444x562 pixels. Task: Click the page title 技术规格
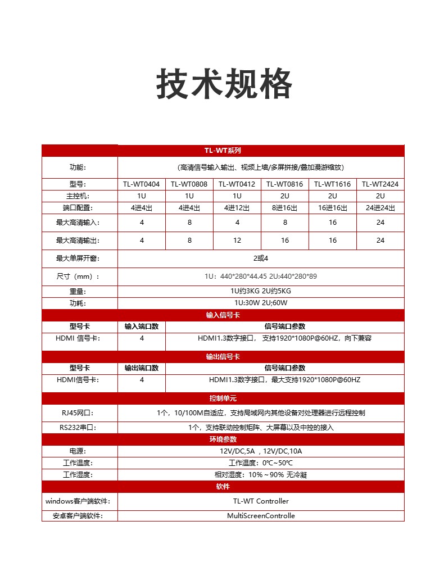pyautogui.click(x=224, y=84)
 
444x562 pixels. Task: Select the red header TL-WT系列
pyautogui.click(x=223, y=151)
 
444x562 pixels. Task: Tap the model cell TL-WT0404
pyautogui.click(x=142, y=184)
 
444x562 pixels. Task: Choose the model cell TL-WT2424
pyautogui.click(x=380, y=184)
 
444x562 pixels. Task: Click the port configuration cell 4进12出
pyautogui.click(x=237, y=208)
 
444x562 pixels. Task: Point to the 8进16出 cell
pyautogui.click(x=285, y=208)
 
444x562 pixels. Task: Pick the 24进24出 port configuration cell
pyautogui.click(x=380, y=208)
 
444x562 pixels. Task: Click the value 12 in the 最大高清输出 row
pyautogui.click(x=237, y=241)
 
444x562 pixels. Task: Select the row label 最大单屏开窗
pyautogui.click(x=79, y=259)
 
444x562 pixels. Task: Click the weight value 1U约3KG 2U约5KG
pyautogui.click(x=261, y=291)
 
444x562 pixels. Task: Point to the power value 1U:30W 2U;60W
pyautogui.click(x=261, y=303)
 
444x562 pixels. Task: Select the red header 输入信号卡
pyautogui.click(x=223, y=315)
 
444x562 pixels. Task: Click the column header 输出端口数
pyautogui.click(x=142, y=368)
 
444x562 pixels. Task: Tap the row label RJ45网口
pyautogui.click(x=79, y=413)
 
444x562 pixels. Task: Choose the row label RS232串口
pyautogui.click(x=79, y=428)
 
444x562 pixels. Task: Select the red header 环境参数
pyautogui.click(x=223, y=439)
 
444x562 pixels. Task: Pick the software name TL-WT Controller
pyautogui.click(x=261, y=501)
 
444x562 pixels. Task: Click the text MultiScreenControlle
pyautogui.click(x=261, y=516)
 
